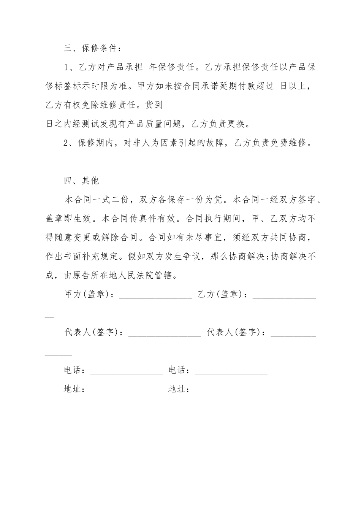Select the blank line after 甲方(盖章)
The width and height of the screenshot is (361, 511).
156,297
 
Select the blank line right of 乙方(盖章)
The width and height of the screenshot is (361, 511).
284,297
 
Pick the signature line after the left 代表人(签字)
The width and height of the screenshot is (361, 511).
165,335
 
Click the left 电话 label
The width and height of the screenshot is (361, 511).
73,370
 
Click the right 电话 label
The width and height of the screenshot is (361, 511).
178,370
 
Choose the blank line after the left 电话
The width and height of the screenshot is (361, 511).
127,373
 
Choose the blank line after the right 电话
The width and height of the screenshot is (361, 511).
231,373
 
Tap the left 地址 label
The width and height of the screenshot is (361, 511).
73,389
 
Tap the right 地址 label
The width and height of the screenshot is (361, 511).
178,389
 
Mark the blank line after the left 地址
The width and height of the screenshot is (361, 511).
127,392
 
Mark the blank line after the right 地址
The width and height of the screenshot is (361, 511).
231,392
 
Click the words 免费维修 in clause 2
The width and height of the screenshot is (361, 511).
288,143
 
